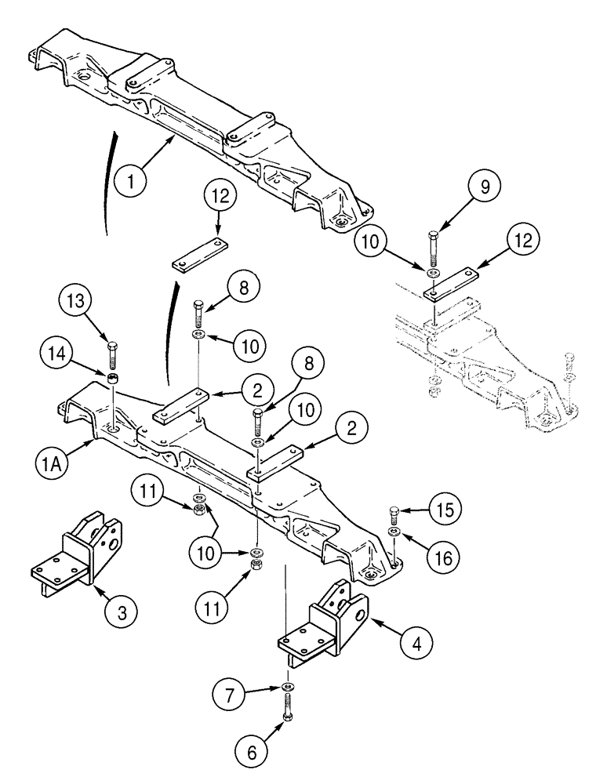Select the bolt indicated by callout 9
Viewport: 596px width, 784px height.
(x=434, y=247)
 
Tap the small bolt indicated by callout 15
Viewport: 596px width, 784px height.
(x=394, y=515)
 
